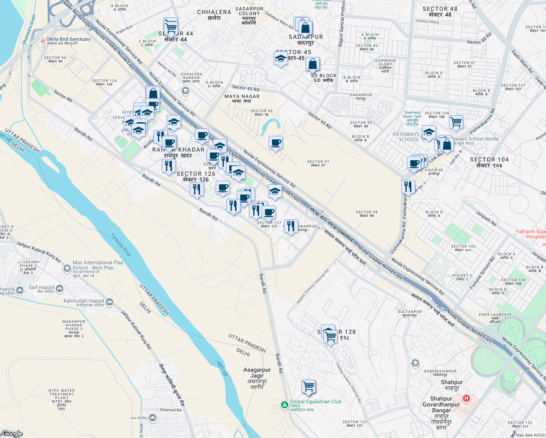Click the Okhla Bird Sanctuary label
(x=68, y=39)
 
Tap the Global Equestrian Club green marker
(x=284, y=405)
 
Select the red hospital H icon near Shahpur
(x=466, y=398)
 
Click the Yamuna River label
(x=121, y=245)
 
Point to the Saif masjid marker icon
(x=59, y=289)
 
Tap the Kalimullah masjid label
(x=84, y=301)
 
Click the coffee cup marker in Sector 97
(x=276, y=143)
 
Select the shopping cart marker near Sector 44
(x=171, y=27)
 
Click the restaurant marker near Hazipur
(x=408, y=187)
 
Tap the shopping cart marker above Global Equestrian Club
(x=309, y=386)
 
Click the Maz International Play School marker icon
(x=67, y=269)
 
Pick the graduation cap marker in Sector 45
(x=281, y=58)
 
